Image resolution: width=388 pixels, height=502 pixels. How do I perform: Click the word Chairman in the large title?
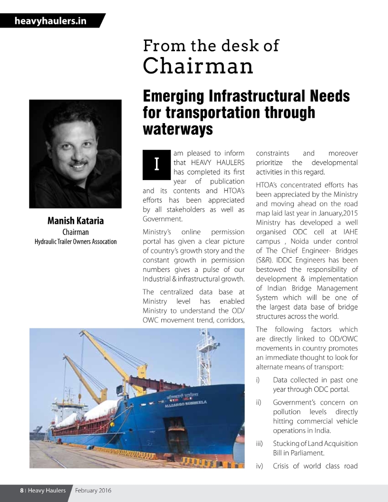pos(198,66)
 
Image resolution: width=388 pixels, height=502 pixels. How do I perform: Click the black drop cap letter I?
pos(156,164)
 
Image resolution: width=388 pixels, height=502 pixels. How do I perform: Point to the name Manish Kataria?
pos(76,221)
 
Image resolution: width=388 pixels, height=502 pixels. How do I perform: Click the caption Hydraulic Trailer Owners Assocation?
pos(76,241)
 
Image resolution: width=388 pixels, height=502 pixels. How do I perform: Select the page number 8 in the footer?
pos(22,490)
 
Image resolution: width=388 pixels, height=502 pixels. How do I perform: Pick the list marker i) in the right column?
pos(259,380)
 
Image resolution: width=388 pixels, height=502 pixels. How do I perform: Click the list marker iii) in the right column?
pos(260,444)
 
